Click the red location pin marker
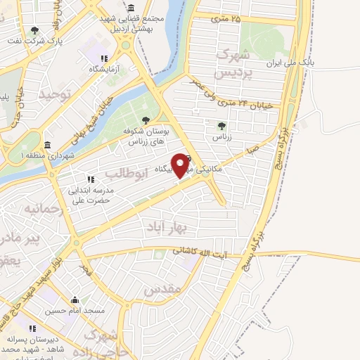181,165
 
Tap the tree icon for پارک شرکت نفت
35,30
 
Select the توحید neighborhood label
56,94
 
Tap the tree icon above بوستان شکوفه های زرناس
146,120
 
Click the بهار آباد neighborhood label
166,226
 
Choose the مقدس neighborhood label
162,289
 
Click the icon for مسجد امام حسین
75,300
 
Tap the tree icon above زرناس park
222,125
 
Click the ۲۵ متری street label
226,18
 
